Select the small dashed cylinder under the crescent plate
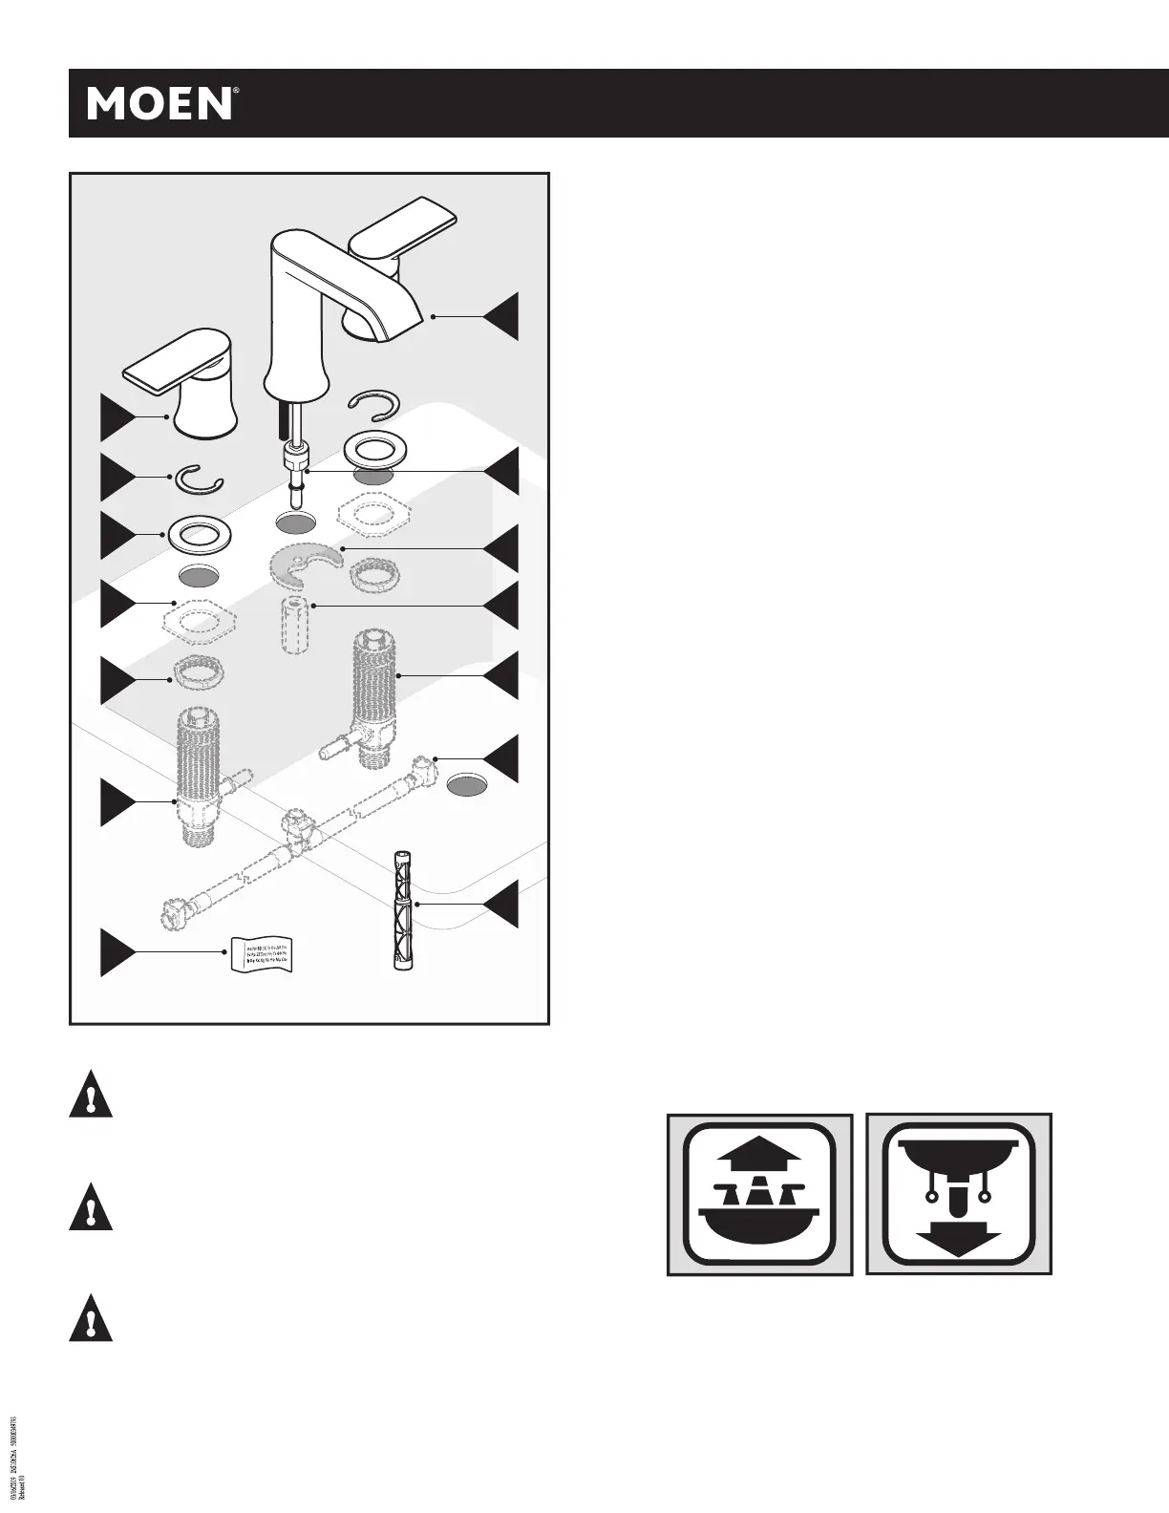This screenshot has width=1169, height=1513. coord(295,625)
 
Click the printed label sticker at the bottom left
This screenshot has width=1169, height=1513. coord(258,954)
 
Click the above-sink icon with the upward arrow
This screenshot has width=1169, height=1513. coord(759,1193)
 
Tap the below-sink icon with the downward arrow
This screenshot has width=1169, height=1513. coord(959,1193)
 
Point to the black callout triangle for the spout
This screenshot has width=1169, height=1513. coord(500,316)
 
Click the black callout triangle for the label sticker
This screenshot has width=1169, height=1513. coord(118,952)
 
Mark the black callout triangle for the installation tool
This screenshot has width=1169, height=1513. coord(500,904)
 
